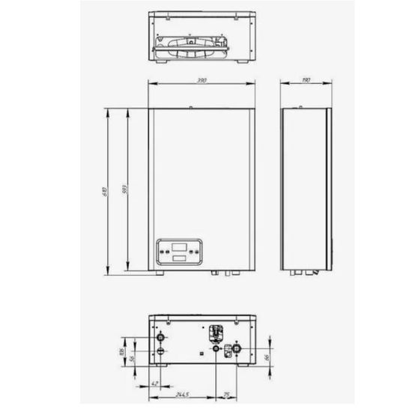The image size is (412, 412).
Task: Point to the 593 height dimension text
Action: click(x=124, y=191)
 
